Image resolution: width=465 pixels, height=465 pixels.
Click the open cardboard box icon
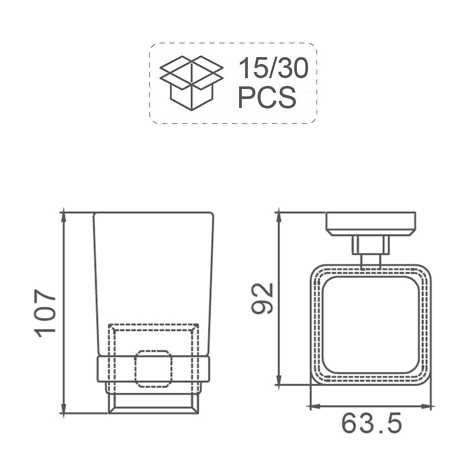click(x=192, y=83)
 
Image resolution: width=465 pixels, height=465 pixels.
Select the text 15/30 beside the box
click(x=273, y=68)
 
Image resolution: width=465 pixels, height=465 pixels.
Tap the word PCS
click(x=267, y=97)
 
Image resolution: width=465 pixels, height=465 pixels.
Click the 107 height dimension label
click(x=45, y=313)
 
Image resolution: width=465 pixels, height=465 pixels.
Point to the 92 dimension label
click(x=262, y=298)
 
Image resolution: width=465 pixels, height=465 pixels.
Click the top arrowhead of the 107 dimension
click(x=63, y=218)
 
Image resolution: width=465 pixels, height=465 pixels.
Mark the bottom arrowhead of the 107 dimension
click(x=63, y=408)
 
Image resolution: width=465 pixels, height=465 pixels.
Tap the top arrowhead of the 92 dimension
click(x=278, y=218)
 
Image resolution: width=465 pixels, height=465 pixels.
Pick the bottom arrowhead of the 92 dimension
click(x=278, y=379)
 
